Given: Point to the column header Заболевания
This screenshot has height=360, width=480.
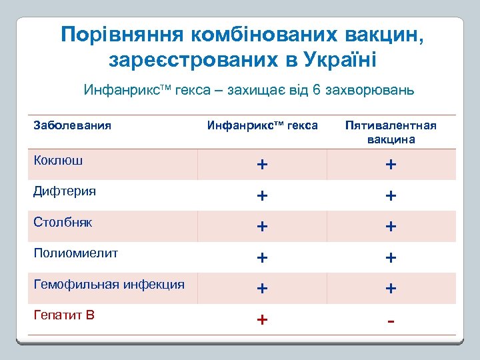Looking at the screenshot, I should pos(72,125).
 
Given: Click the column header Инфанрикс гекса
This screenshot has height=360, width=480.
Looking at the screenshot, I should pos(262,125).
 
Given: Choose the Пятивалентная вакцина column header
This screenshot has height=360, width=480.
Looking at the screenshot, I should pos(391,132).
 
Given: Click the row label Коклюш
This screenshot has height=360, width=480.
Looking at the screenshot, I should pos(59,160).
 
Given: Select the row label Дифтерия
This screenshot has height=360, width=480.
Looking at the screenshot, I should pos(65,191).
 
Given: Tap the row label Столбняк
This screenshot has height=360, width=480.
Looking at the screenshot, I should pos(63,222).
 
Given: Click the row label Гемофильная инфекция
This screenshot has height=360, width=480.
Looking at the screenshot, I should pos(109,284).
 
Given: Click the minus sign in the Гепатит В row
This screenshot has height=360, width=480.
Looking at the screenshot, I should pos(391,321).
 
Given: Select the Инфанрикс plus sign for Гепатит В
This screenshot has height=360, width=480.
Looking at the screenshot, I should pos(263,320).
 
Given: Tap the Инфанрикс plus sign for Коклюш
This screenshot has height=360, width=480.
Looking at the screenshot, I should pos(263,165).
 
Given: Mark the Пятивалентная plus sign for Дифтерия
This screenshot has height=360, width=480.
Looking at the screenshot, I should pos(391,196).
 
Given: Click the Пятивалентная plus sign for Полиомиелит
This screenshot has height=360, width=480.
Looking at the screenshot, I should pos(391,258).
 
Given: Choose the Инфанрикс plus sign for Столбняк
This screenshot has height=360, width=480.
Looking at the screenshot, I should pos(263,227).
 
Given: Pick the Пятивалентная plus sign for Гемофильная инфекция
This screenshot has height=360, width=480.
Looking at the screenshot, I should pos(391,289).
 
